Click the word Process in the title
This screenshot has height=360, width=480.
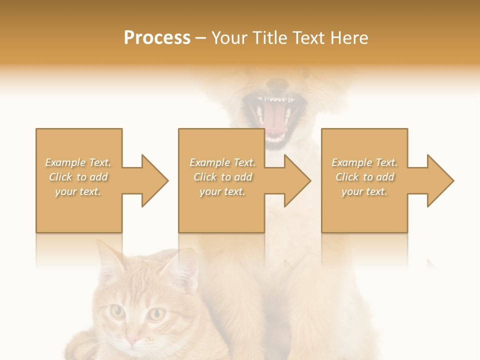pos(157,38)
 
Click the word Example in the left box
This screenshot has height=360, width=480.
pos(65,162)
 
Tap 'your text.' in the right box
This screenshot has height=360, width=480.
pos(364,191)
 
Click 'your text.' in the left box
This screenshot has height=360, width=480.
pos(78,191)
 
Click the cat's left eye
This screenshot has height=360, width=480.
pos(118,311)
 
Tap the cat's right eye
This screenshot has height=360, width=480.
pos(157,314)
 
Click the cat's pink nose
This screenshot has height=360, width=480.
pos(132,341)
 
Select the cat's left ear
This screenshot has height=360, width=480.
pos(107,257)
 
